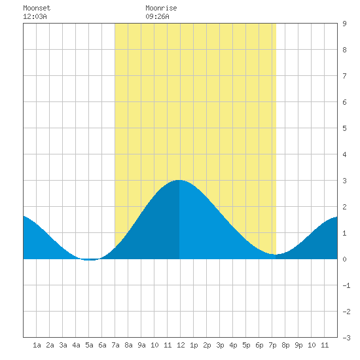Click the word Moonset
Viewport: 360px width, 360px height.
tap(37, 8)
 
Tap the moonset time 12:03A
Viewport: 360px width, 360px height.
tap(35, 16)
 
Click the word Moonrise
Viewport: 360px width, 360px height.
tap(161, 8)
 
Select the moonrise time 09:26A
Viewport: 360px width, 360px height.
tap(157, 16)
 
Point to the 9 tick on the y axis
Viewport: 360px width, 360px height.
tap(344, 24)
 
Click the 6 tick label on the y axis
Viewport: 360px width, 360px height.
tap(344, 102)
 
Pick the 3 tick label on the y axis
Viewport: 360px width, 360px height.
tap(344, 181)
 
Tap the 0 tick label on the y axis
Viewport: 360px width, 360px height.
tap(344, 259)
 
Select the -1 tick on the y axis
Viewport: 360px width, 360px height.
tap(346, 285)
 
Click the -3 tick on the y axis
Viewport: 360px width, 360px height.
tap(346, 338)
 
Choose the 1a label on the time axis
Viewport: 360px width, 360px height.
tap(37, 345)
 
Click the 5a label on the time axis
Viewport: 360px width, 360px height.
tap(89, 345)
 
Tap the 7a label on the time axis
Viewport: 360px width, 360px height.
tap(115, 345)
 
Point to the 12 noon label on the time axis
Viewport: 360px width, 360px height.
tap(181, 345)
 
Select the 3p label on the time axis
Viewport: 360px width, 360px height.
tap(220, 345)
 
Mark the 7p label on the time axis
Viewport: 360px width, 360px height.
tap(272, 345)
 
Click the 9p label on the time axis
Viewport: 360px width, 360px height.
tap(298, 345)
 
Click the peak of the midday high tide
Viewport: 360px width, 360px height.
tap(179, 180)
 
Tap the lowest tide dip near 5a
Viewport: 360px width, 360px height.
tap(90, 260)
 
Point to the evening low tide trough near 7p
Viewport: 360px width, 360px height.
tap(276, 255)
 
